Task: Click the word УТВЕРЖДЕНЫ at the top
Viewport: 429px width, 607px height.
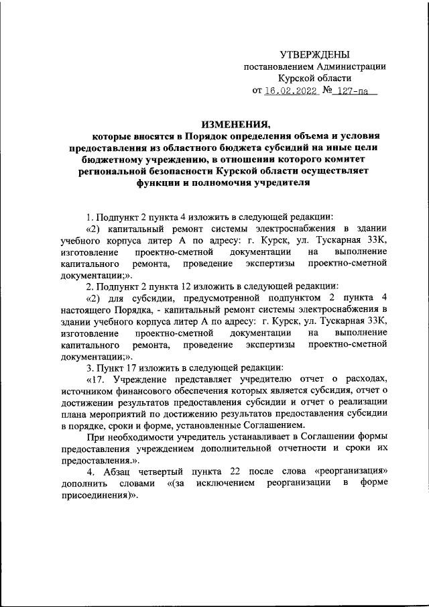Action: pos(314,54)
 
